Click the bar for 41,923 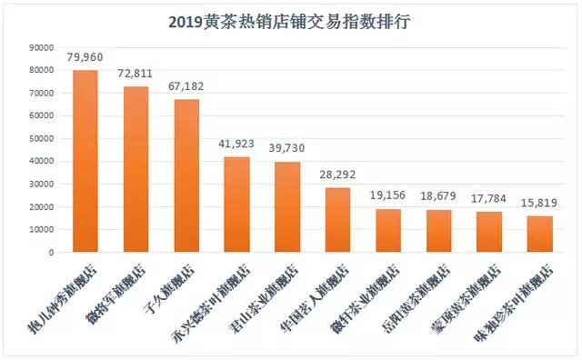coord(236,205)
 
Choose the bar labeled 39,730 coord(286,207)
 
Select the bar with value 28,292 coord(337,220)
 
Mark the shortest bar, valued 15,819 coord(538,235)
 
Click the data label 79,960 coord(85,58)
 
